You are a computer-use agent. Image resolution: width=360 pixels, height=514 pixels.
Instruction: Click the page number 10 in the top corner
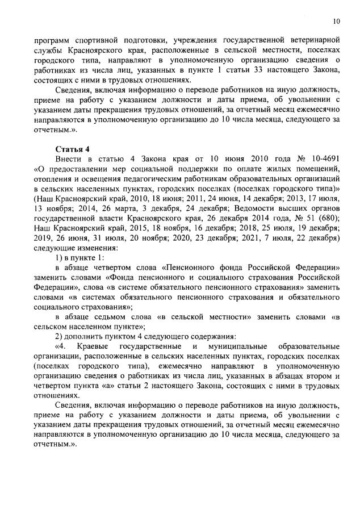pyautogui.click(x=336, y=22)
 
